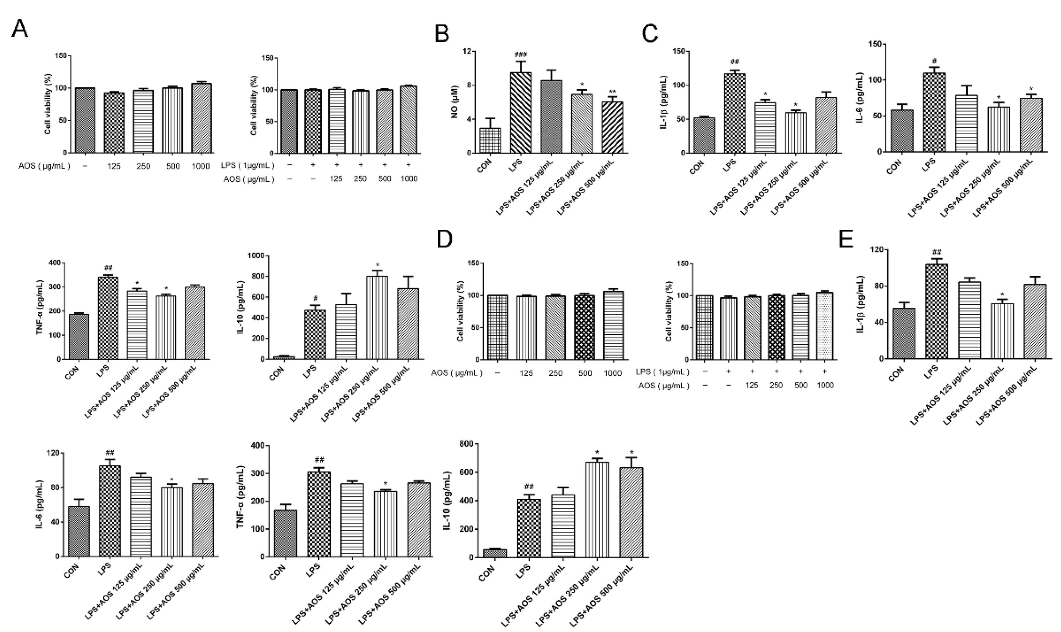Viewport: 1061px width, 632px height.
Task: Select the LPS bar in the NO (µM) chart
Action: point(521,113)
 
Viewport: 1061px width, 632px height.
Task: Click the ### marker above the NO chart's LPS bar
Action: point(521,55)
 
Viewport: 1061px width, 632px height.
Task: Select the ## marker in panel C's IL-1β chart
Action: point(734,62)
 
